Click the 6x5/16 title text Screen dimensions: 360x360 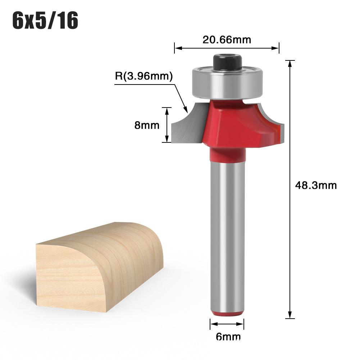pos(45,20)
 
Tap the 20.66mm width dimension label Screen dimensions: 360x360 pos(227,40)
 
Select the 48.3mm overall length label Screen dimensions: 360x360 pos(315,185)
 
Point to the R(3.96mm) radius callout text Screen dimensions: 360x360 pos(144,76)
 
